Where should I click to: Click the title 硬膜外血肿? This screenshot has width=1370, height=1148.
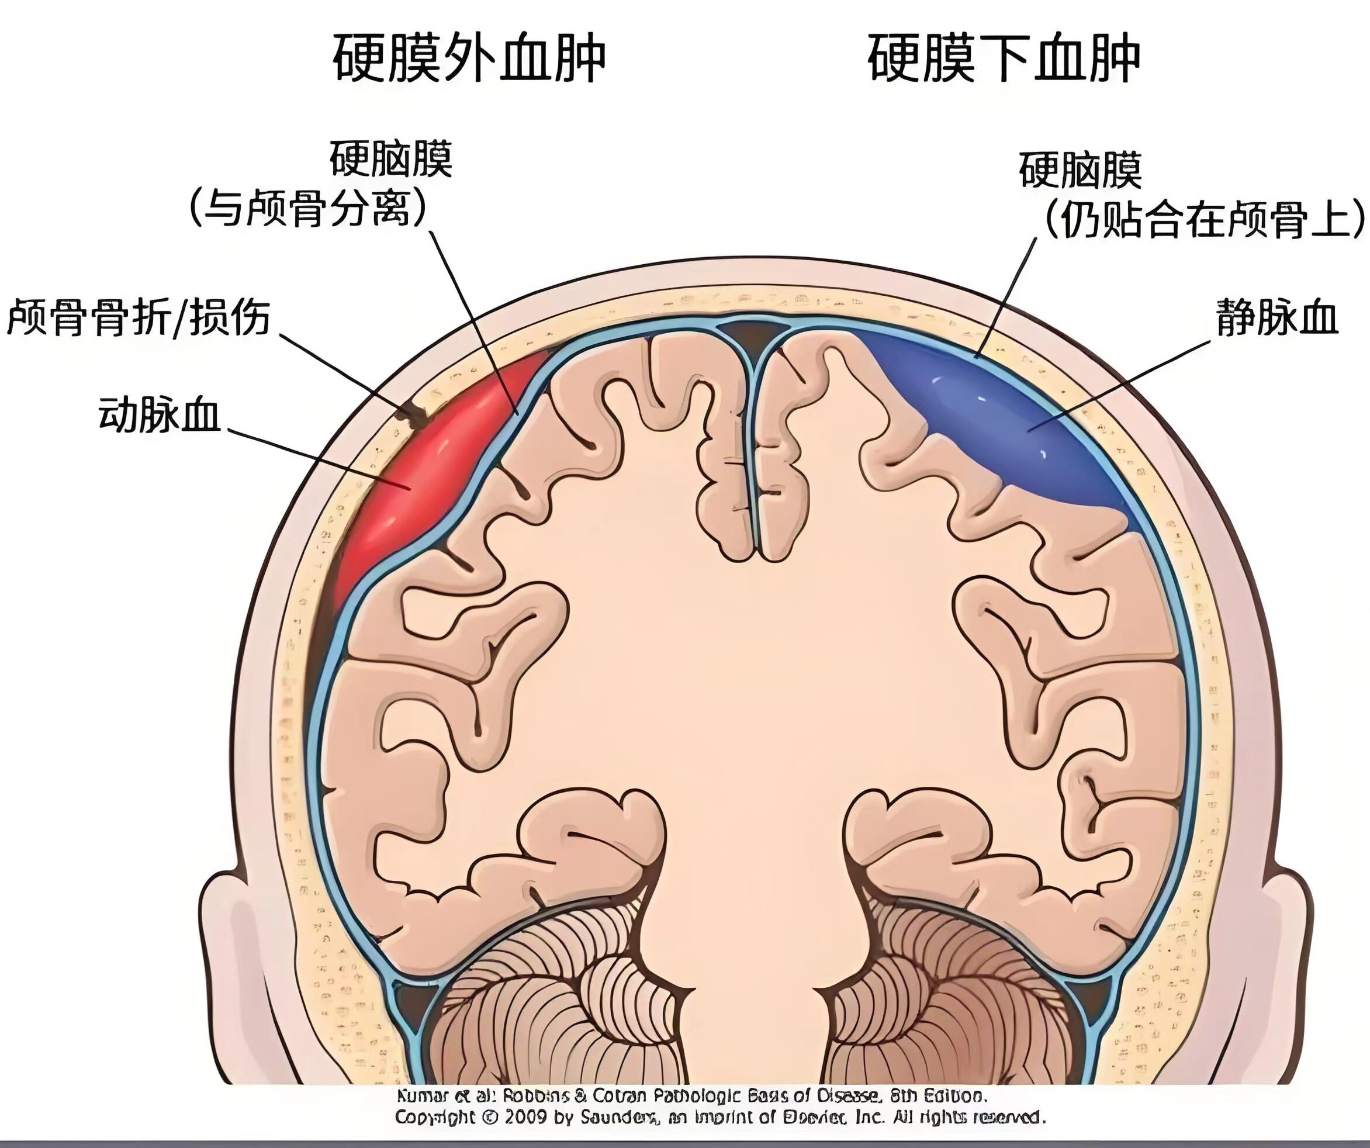[x=468, y=58]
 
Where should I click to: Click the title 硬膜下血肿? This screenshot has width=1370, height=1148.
[x=1004, y=58]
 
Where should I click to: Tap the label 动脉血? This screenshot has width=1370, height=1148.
[x=159, y=415]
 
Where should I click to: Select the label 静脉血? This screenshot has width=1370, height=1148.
[x=1276, y=319]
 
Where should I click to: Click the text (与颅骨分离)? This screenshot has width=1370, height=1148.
[x=308, y=209]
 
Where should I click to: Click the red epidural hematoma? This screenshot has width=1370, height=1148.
[x=417, y=469]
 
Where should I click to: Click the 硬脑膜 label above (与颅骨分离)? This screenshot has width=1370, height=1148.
[x=390, y=158]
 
